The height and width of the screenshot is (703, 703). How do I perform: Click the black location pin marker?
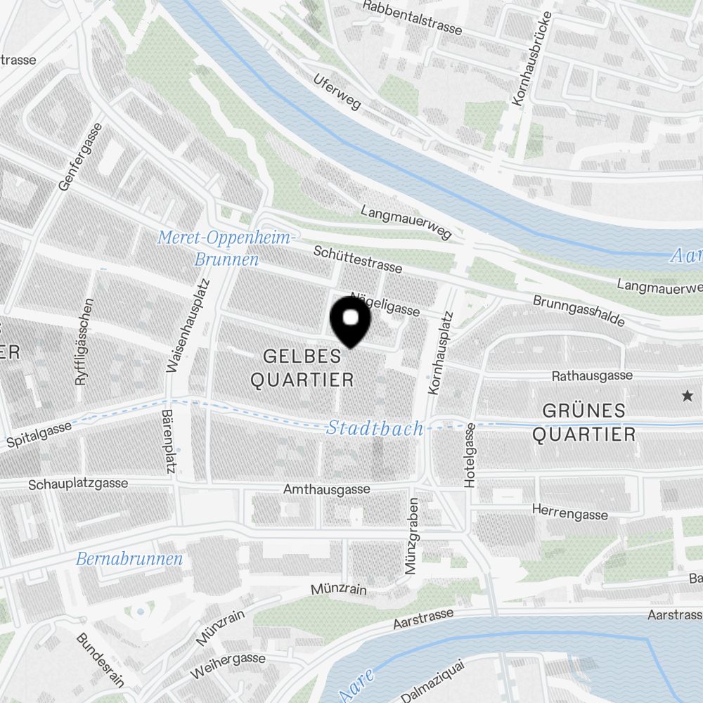(349, 321)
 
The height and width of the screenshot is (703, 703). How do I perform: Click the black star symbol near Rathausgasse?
(687, 396)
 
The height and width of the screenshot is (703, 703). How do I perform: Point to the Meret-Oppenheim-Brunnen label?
(226, 248)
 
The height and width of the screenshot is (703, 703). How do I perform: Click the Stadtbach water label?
(375, 428)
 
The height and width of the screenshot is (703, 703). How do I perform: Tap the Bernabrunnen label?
(129, 560)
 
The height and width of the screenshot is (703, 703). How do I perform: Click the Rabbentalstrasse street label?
(413, 18)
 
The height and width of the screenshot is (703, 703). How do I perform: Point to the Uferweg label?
(337, 92)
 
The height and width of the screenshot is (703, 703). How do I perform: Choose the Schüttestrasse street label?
(359, 259)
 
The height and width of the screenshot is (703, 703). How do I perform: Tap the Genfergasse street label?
(81, 157)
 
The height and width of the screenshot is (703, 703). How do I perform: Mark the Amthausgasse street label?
(326, 489)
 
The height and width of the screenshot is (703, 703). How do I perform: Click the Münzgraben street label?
(413, 536)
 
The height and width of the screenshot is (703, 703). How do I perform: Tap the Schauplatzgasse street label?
(78, 484)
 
